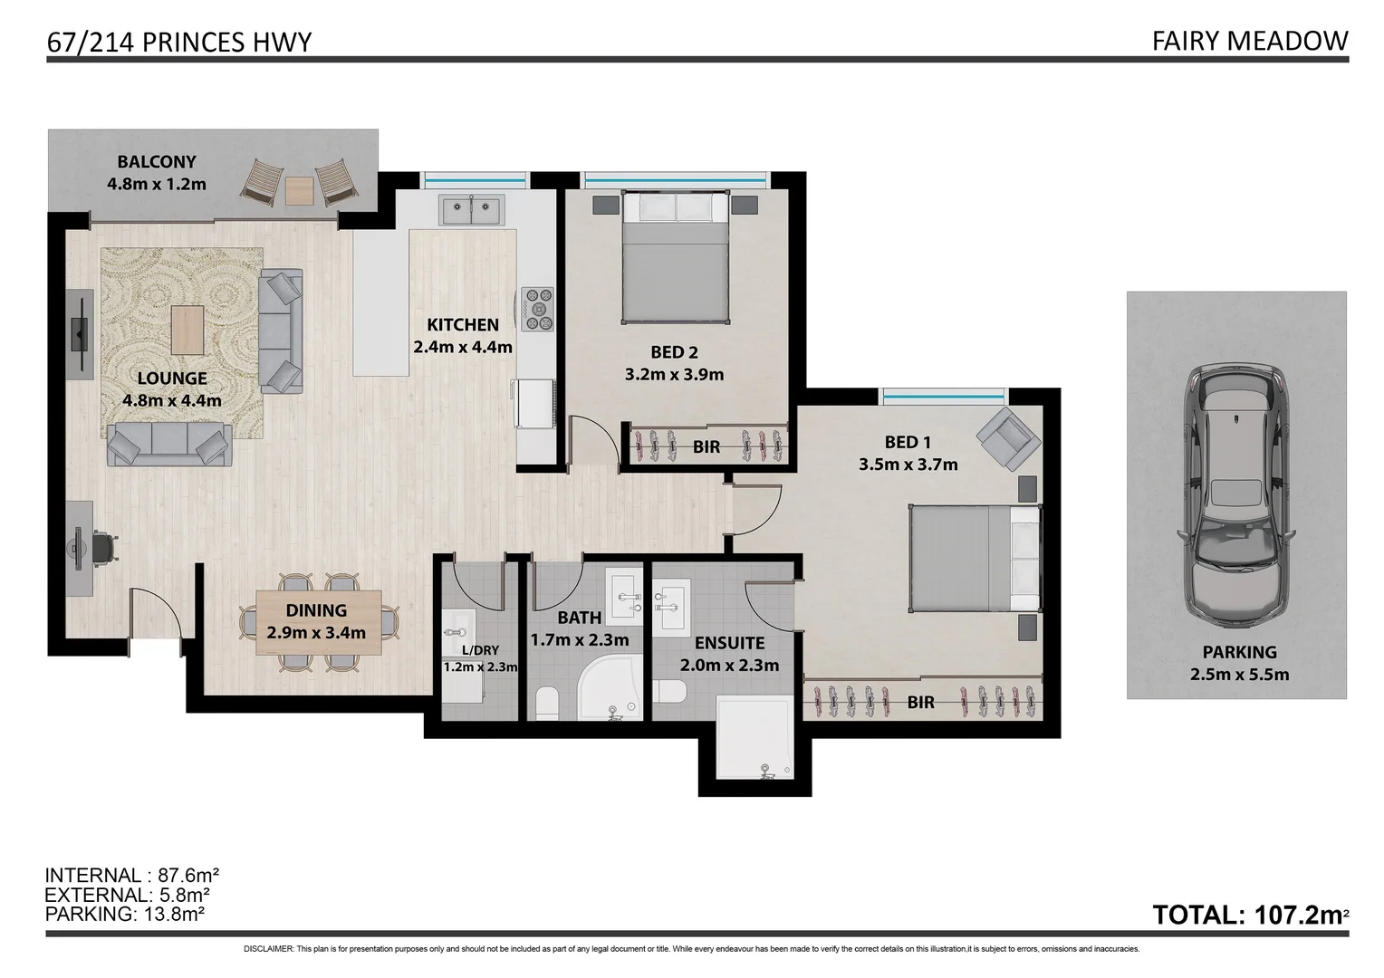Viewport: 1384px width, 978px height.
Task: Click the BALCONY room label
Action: pyautogui.click(x=156, y=162)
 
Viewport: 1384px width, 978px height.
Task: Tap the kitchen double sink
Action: pyautogui.click(x=471, y=210)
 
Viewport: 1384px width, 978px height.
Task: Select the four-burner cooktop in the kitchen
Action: pyautogui.click(x=536, y=308)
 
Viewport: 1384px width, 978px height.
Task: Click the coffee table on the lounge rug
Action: pyautogui.click(x=187, y=331)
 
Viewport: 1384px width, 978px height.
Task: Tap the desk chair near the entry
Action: pyautogui.click(x=103, y=548)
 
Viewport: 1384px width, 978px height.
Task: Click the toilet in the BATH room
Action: pyautogui.click(x=546, y=703)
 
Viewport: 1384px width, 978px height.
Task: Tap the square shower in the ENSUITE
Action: pyautogui.click(x=754, y=737)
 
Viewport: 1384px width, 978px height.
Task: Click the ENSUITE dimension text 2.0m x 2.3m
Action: pyautogui.click(x=729, y=666)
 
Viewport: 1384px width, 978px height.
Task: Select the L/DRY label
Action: pyautogui.click(x=479, y=650)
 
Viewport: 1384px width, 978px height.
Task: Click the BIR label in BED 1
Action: pyautogui.click(x=920, y=702)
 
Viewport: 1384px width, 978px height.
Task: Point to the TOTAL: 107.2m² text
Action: pyautogui.click(x=1248, y=915)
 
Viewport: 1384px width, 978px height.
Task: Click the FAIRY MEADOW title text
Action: pyautogui.click(x=1249, y=41)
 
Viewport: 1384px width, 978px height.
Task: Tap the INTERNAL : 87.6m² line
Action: pyautogui.click(x=132, y=876)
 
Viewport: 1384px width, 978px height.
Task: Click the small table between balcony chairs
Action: pyautogui.click(x=299, y=190)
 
